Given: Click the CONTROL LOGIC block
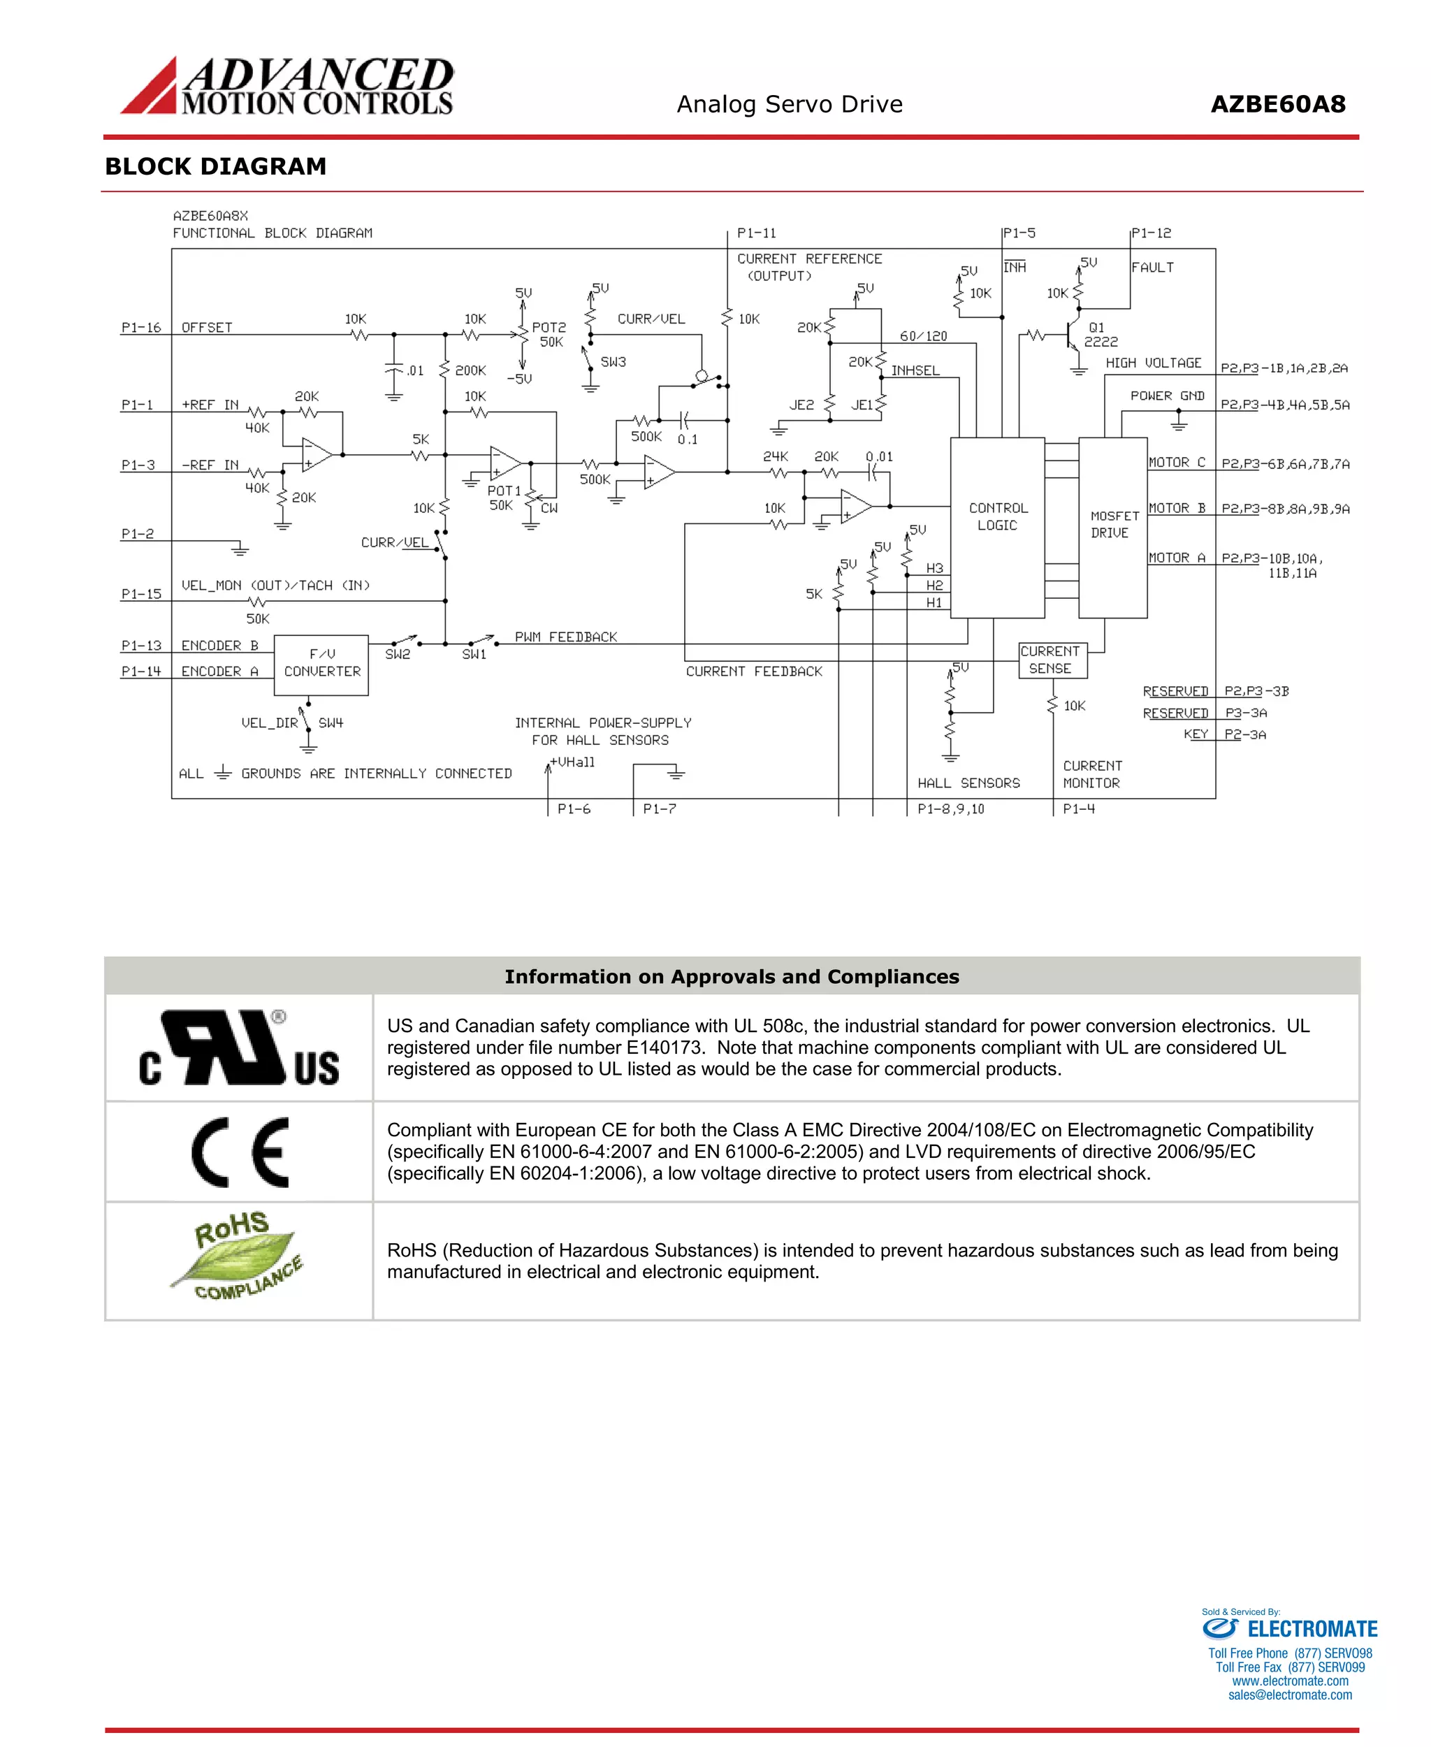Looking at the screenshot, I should pyautogui.click(x=997, y=527).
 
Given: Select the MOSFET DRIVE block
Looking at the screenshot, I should pyautogui.click(x=1113, y=527).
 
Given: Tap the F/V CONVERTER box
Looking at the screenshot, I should pyautogui.click(x=321, y=665).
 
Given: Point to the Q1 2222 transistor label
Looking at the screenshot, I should pyautogui.click(x=1100, y=335).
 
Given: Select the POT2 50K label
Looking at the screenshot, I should pyautogui.click(x=549, y=335).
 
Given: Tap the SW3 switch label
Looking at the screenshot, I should pyautogui.click(x=613, y=362).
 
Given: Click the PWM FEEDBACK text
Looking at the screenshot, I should pyautogui.click(x=565, y=637).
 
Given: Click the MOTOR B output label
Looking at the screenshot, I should pyautogui.click(x=1176, y=509).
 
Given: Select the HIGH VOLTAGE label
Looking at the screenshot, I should pyautogui.click(x=1152, y=363).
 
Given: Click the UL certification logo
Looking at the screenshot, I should pyautogui.click(x=239, y=1048).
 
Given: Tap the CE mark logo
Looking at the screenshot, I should pyautogui.click(x=240, y=1152).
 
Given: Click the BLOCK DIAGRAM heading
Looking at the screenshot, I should pyautogui.click(x=216, y=166).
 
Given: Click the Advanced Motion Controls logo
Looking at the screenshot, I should pyautogui.click(x=287, y=86).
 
